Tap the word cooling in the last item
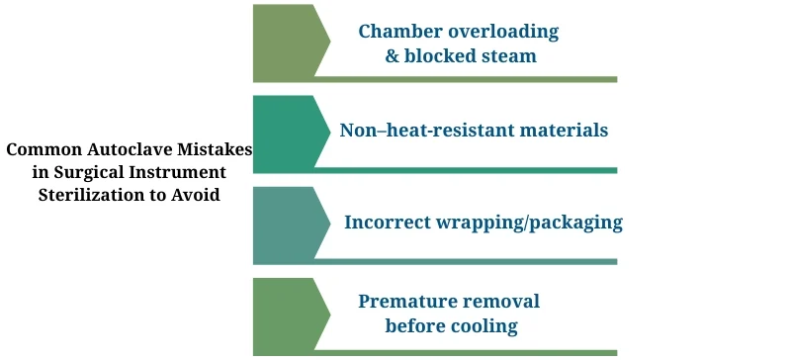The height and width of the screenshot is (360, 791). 483,326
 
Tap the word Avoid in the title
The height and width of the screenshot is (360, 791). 198,195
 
